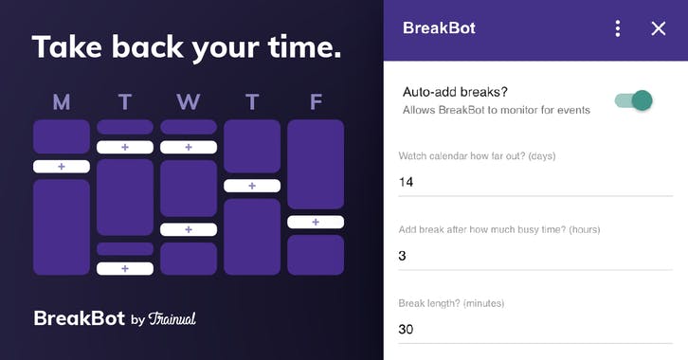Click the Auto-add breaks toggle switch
point(634,99)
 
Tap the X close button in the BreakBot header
point(659,28)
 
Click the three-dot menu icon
point(618,28)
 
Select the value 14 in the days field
point(407,182)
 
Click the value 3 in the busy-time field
point(403,256)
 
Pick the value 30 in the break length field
point(407,330)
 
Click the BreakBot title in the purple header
point(439,28)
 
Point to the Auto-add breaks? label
point(456,92)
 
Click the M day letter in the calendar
point(62,102)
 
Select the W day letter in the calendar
point(189,102)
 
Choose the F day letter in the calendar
point(316,102)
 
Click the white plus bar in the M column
point(62,167)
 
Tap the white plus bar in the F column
point(316,222)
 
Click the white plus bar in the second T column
point(252,186)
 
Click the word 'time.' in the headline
point(300,47)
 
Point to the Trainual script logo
point(172,318)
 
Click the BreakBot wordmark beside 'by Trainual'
point(79,318)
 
